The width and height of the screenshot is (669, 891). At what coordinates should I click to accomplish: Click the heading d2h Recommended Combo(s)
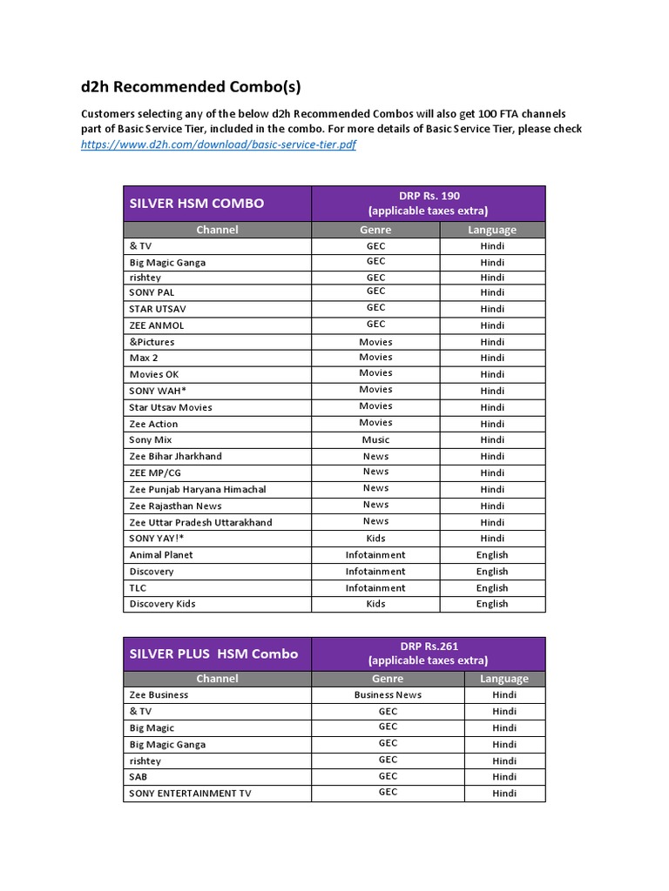point(191,87)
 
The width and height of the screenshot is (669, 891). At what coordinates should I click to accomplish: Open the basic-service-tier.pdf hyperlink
point(218,145)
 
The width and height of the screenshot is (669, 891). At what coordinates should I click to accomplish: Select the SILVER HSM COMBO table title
point(197,204)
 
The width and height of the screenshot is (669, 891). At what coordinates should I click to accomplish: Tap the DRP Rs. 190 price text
point(428,196)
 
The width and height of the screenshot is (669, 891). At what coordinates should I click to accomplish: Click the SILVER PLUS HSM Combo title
point(213,654)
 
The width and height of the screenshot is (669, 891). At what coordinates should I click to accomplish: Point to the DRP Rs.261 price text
point(428,646)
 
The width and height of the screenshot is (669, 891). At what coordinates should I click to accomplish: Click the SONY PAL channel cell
point(152,292)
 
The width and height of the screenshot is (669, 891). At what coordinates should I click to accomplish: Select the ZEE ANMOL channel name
point(157,325)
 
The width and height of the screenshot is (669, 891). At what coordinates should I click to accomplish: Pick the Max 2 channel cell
point(144,358)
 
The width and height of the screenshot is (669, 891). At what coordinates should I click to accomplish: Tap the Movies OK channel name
point(154,374)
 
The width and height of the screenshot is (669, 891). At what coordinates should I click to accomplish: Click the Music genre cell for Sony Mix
point(375,440)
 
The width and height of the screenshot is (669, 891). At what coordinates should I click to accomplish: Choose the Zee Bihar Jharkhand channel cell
point(176,456)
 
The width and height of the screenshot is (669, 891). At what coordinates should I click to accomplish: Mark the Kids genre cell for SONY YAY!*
point(375,539)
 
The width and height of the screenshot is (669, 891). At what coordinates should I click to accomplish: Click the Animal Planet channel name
point(161,555)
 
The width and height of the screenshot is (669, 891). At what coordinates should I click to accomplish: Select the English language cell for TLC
point(492,588)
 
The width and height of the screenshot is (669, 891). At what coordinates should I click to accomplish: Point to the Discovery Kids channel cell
point(163,604)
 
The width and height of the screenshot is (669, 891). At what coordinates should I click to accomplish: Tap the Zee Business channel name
point(159,695)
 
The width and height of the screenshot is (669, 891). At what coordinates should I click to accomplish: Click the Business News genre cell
point(388,695)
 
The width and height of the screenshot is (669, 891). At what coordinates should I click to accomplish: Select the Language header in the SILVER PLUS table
point(503,679)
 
